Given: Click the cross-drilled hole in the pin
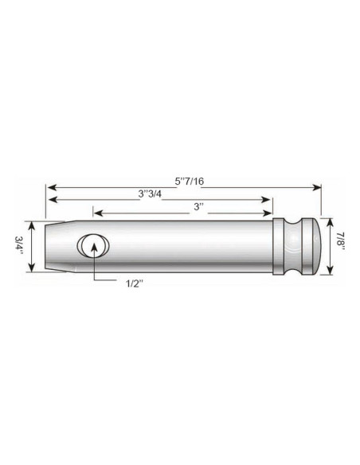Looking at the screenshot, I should pos(94,245).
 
